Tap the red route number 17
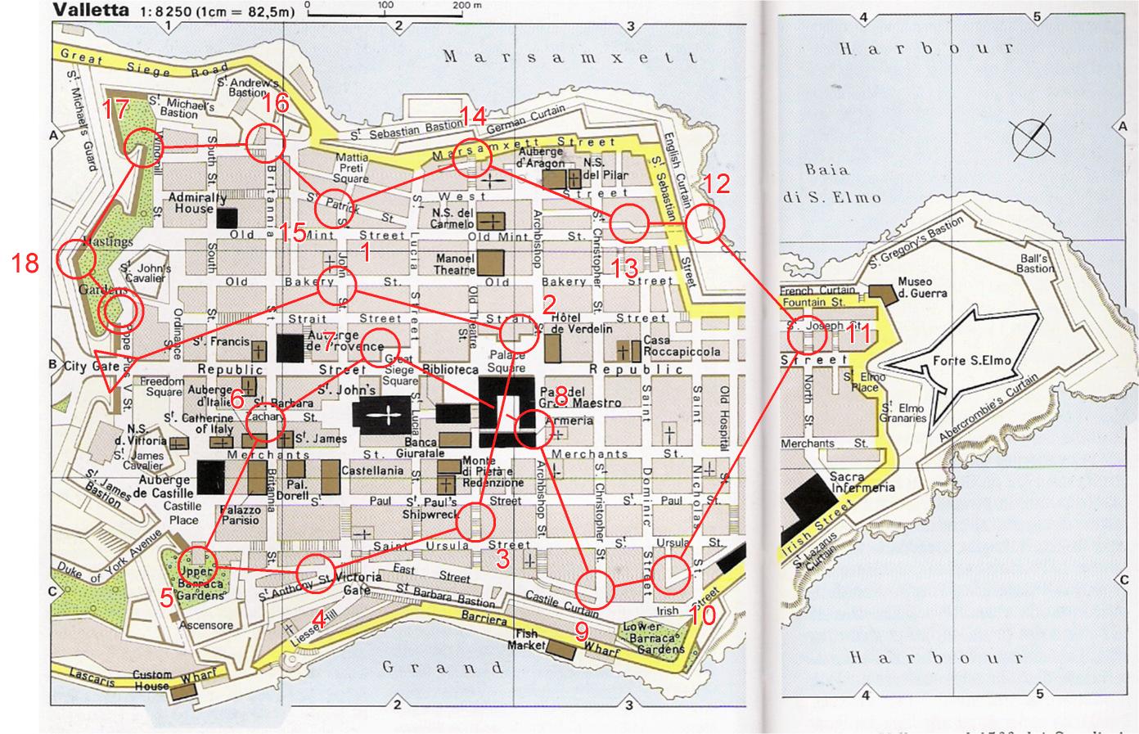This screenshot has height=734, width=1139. click(x=116, y=109)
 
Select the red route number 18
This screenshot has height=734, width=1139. click(x=26, y=263)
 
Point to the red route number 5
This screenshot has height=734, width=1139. click(x=166, y=598)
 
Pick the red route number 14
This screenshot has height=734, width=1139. click(x=472, y=115)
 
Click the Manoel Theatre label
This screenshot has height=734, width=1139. click(x=456, y=263)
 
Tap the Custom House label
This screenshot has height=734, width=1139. click(x=152, y=680)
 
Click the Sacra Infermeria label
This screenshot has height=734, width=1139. click(x=858, y=482)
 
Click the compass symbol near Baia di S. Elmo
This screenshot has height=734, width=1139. click(x=1031, y=138)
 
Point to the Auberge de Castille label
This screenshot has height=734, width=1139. click(x=166, y=486)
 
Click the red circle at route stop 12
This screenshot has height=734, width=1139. click(x=704, y=222)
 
